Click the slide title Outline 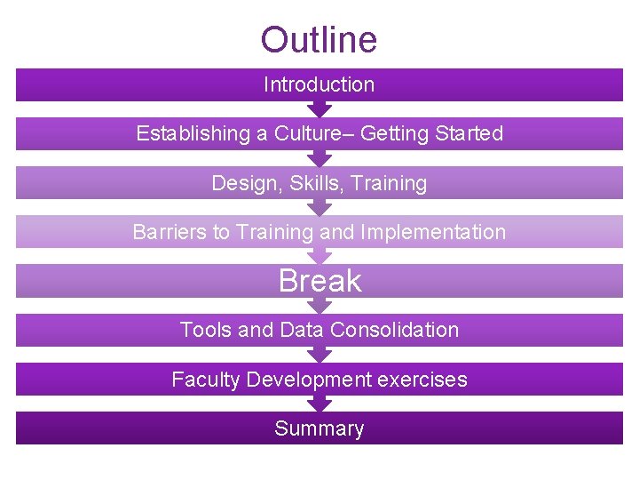(x=319, y=40)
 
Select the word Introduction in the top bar (x=319, y=85)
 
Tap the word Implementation (x=432, y=233)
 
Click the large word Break (x=319, y=281)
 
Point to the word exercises (x=422, y=380)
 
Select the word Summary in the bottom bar (x=319, y=428)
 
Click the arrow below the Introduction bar (x=319, y=109)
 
